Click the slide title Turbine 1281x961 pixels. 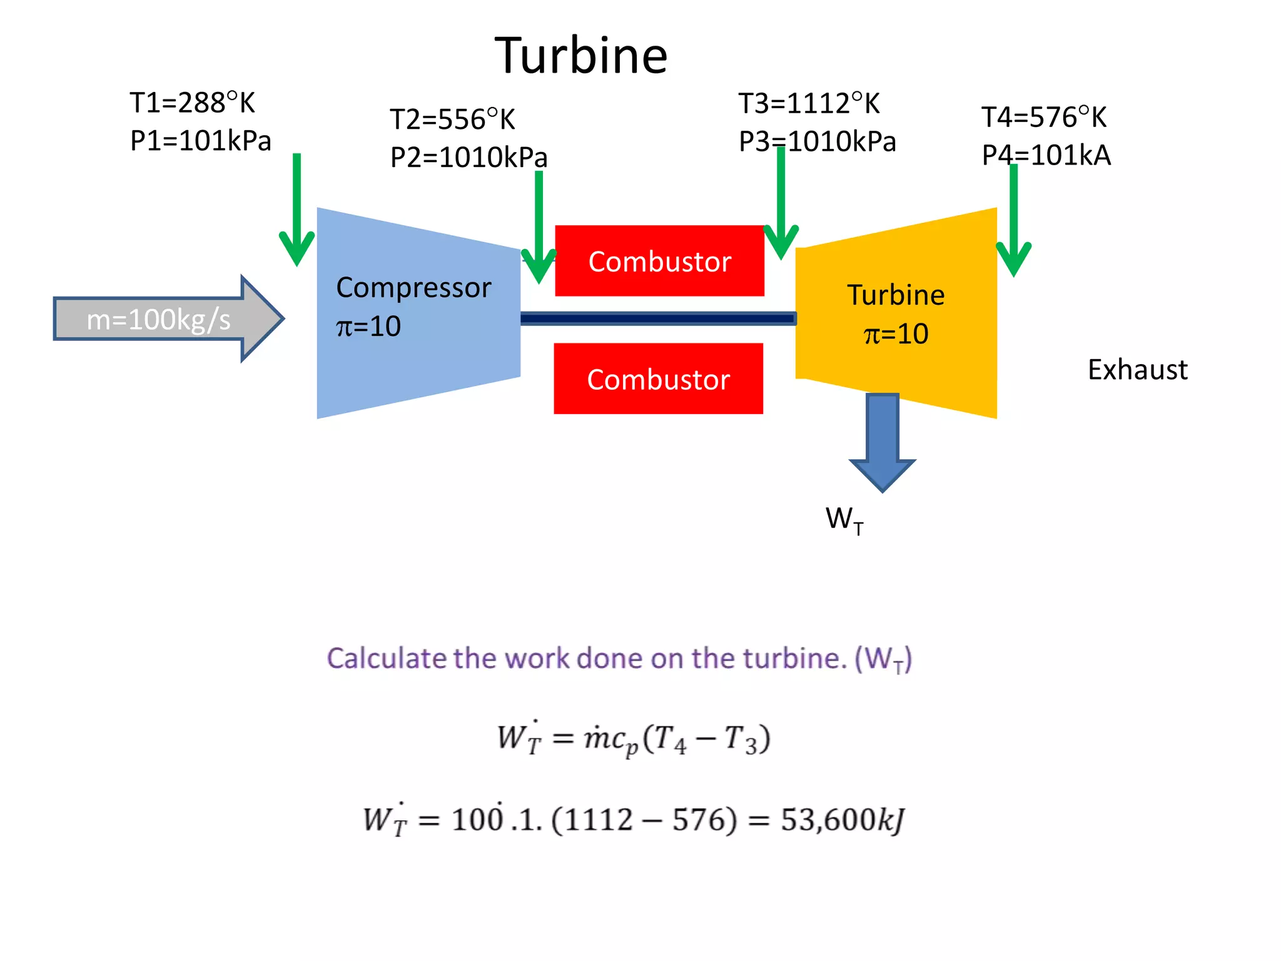point(581,56)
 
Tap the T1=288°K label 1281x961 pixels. point(192,103)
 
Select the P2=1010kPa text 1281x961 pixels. point(468,157)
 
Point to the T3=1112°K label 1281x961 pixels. point(809,103)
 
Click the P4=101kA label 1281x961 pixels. point(1046,155)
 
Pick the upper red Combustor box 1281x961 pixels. point(659,261)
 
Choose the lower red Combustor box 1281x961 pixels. point(658,379)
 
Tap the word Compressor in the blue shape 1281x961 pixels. point(413,287)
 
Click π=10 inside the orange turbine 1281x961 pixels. point(896,333)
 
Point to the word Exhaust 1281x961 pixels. point(1137,370)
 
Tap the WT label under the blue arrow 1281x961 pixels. point(844,520)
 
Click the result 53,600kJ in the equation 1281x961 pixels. point(842,819)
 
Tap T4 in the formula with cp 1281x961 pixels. point(671,739)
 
